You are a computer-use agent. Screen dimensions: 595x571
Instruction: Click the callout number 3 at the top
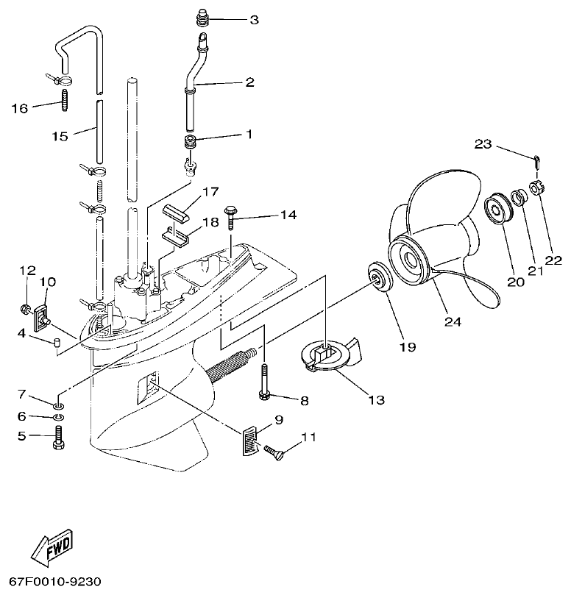254,20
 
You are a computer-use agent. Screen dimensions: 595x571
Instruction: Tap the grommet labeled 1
191,140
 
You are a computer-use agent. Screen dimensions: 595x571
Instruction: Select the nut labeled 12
26,307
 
